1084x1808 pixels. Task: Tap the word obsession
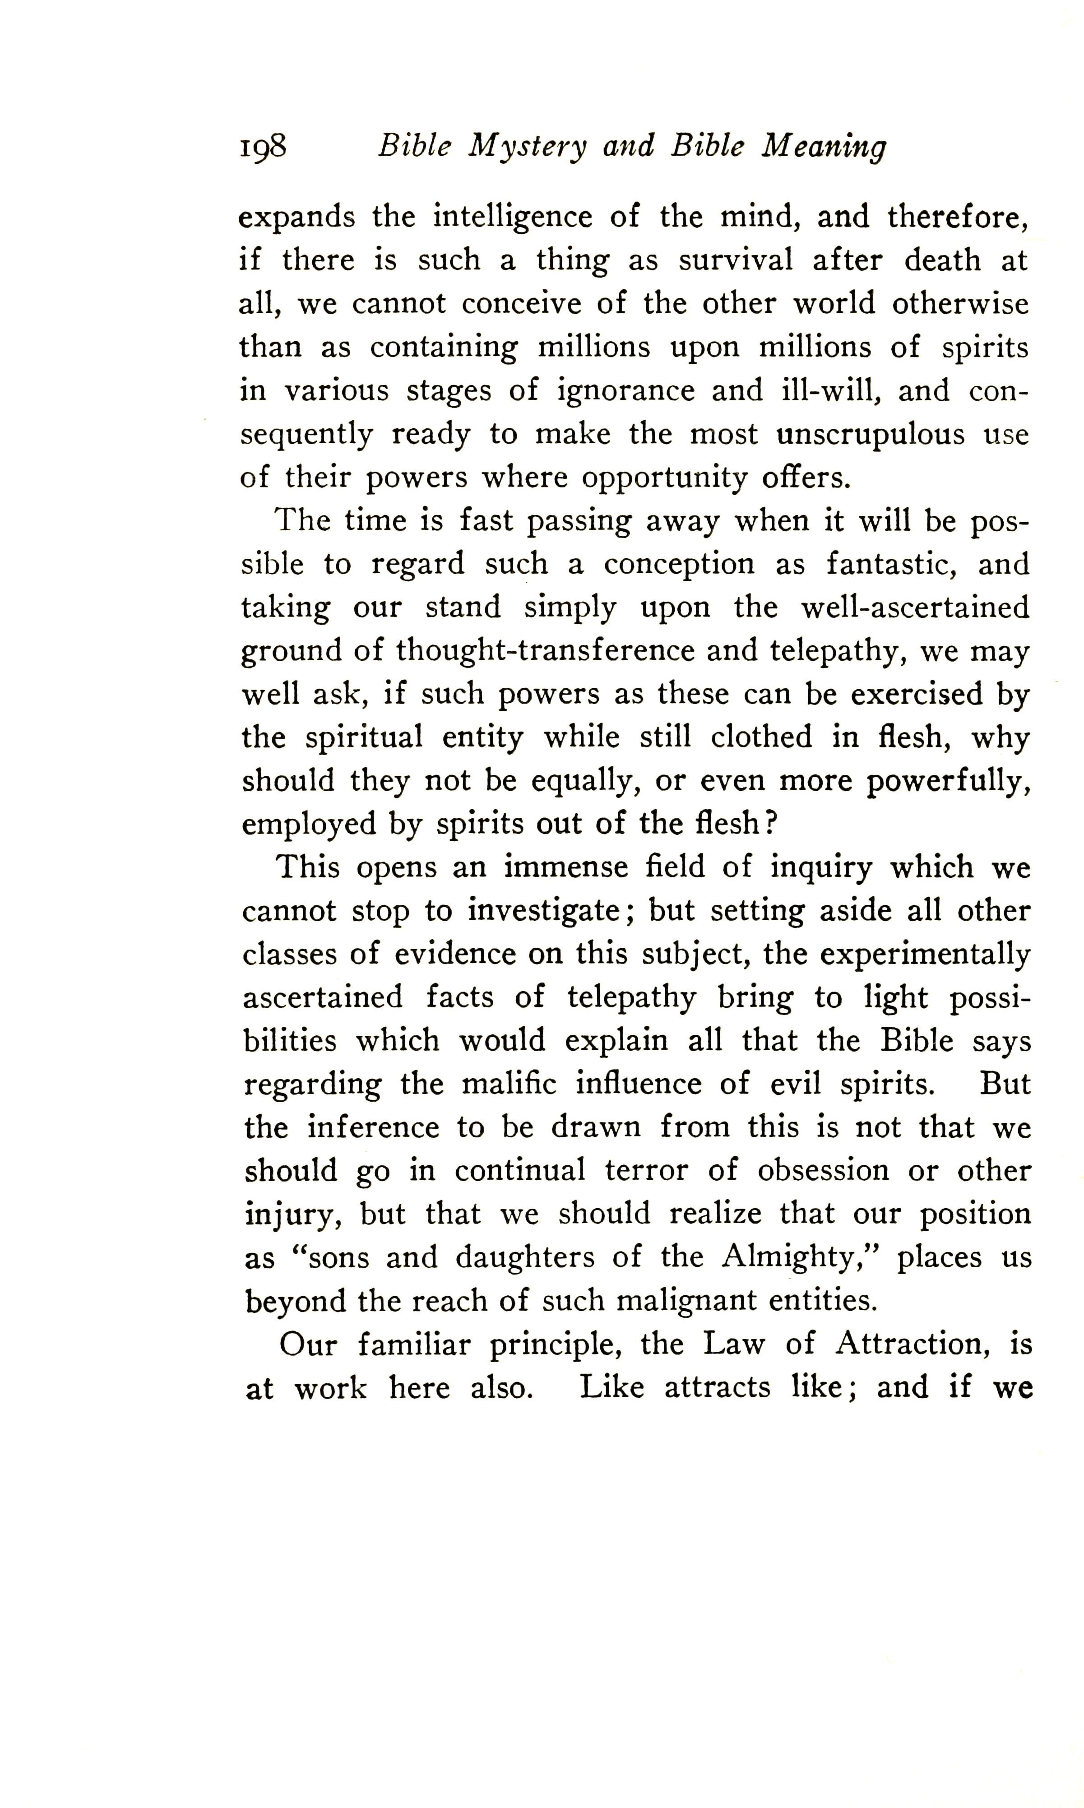(823, 1171)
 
